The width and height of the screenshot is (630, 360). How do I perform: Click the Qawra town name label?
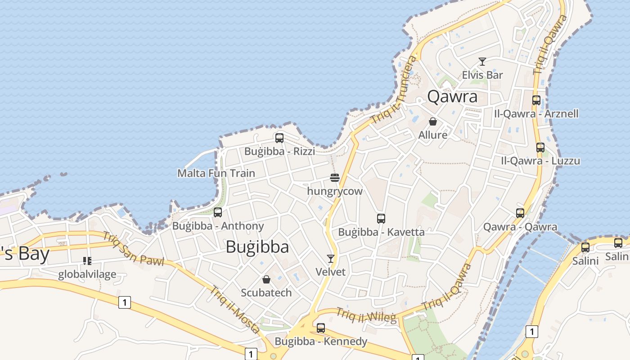(452, 97)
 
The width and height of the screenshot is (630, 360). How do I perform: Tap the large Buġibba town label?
(257, 247)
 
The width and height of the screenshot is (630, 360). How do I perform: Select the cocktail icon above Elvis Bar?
(482, 62)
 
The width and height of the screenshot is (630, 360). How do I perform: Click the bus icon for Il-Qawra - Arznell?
(536, 100)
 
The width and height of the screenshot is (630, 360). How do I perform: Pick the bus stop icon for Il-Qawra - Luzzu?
(540, 148)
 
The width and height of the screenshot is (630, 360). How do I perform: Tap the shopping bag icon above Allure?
(433, 121)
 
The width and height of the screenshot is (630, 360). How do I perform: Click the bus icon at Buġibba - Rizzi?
(279, 138)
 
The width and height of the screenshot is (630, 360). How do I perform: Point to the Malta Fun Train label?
(216, 173)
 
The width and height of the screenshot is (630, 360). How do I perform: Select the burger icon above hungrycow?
(334, 178)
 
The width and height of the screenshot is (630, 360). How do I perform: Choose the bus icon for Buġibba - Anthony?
(218, 212)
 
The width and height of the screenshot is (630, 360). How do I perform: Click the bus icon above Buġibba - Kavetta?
(381, 219)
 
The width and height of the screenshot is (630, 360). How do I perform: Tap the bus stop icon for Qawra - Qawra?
(520, 214)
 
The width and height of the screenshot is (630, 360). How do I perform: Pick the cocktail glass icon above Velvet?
(331, 259)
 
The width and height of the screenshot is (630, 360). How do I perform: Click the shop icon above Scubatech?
(266, 279)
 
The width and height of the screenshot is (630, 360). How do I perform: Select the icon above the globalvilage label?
(87, 261)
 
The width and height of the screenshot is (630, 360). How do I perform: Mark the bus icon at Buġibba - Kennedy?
(321, 328)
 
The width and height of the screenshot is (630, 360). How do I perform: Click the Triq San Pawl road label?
(133, 248)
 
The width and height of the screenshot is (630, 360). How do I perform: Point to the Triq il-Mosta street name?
(234, 309)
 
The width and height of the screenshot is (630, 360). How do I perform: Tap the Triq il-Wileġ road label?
(366, 315)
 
